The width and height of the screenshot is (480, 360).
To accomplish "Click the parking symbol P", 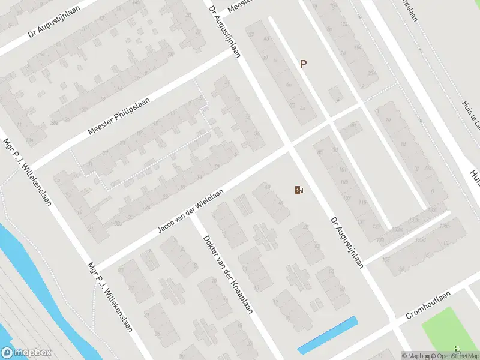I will tap(303, 64).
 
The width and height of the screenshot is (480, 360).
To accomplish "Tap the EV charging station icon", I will tap(298, 190).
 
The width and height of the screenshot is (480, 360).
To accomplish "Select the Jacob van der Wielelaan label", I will tap(190, 211).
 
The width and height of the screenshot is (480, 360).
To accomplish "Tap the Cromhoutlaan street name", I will tap(428, 307).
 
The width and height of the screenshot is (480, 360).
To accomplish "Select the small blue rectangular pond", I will tap(328, 335).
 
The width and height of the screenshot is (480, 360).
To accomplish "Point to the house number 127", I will tap(376, 227).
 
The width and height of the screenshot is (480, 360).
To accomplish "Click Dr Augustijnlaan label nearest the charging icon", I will tap(347, 242).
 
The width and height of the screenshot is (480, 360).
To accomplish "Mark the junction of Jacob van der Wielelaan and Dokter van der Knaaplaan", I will tap(193, 215).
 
